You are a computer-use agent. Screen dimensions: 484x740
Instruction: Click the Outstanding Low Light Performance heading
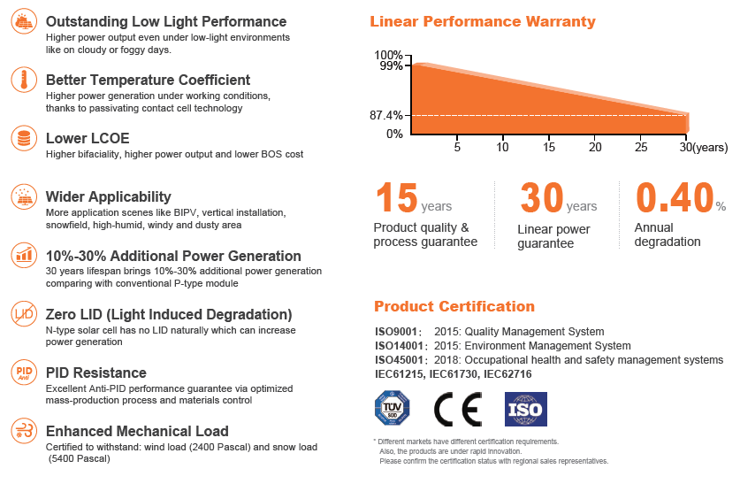(166, 21)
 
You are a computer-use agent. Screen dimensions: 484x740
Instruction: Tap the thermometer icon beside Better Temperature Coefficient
(23, 81)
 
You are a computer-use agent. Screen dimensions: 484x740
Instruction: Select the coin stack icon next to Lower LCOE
(23, 139)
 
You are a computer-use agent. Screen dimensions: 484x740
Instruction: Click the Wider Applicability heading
(109, 196)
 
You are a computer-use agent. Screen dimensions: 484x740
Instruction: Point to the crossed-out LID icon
(23, 313)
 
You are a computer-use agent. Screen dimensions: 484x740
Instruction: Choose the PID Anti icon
(23, 373)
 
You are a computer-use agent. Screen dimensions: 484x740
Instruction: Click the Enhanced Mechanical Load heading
(137, 431)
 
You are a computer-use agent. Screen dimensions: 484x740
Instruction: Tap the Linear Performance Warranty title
(483, 21)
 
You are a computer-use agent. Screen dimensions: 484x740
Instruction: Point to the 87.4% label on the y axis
(386, 115)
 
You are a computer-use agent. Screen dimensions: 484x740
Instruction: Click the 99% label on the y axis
(391, 65)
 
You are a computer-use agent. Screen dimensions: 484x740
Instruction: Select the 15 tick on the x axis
(549, 147)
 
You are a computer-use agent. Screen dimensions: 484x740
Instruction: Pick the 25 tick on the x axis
(641, 147)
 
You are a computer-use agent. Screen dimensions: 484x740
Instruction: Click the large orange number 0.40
(675, 197)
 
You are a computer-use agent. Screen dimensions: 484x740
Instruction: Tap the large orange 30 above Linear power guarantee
(541, 197)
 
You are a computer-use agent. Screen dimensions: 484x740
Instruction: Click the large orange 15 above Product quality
(395, 197)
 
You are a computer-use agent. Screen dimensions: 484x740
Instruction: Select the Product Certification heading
(454, 306)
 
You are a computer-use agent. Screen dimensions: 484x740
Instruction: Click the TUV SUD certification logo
(392, 409)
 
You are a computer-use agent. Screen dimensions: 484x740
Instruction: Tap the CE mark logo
(457, 410)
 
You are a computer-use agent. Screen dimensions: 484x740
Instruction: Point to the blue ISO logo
(525, 410)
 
